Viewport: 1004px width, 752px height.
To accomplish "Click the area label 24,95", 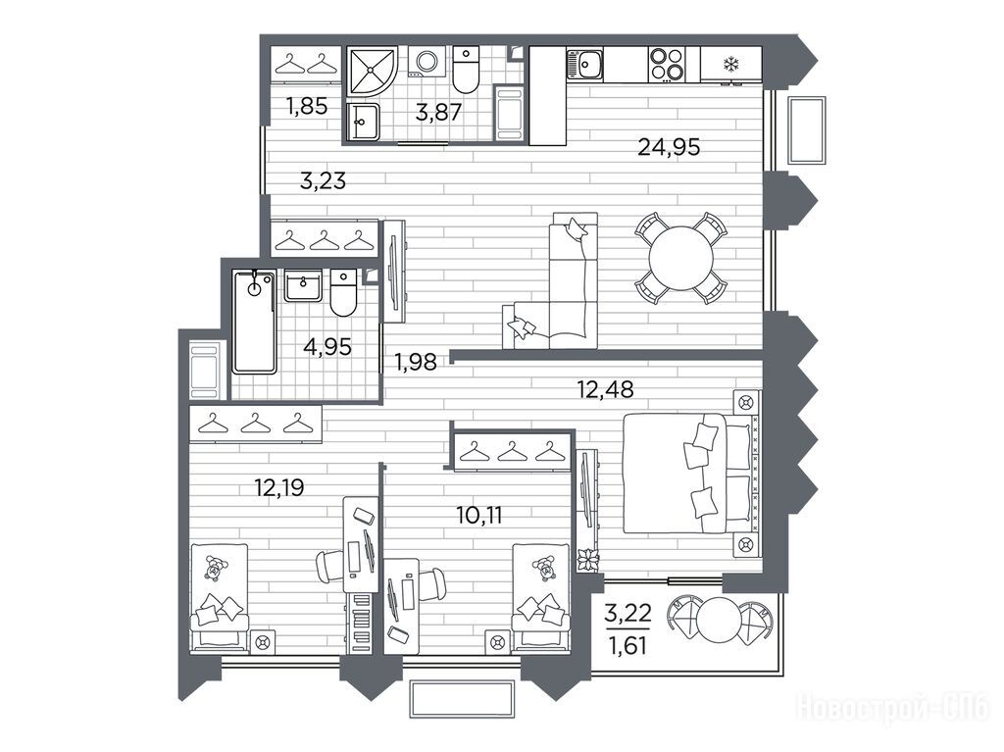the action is coord(669,147).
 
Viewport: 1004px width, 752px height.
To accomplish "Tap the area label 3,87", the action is coord(438,113).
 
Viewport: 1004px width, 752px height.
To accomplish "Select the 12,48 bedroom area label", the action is coord(605,389).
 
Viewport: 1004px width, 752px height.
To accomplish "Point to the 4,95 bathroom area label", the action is coord(327,347).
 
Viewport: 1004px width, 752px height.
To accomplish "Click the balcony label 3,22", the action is coord(627,613).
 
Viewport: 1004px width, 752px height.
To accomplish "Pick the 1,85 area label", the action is coord(307,106).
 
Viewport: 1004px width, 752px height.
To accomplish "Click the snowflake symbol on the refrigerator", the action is coord(731,64).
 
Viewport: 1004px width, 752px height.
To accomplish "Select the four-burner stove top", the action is coord(667,64).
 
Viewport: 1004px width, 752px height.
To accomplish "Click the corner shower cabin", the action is coord(372,72).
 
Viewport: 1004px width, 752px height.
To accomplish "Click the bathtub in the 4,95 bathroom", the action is coord(254,322).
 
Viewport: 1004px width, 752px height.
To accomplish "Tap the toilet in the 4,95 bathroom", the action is coord(343,293).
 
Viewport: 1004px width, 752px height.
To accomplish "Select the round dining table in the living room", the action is coord(680,258).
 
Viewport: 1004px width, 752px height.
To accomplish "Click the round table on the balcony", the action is coord(720,620).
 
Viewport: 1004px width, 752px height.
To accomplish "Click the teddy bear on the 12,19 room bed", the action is coord(216,568).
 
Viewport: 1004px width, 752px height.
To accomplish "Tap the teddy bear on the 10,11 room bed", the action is coord(544,568).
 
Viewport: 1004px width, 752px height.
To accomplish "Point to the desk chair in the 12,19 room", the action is coord(330,567).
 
